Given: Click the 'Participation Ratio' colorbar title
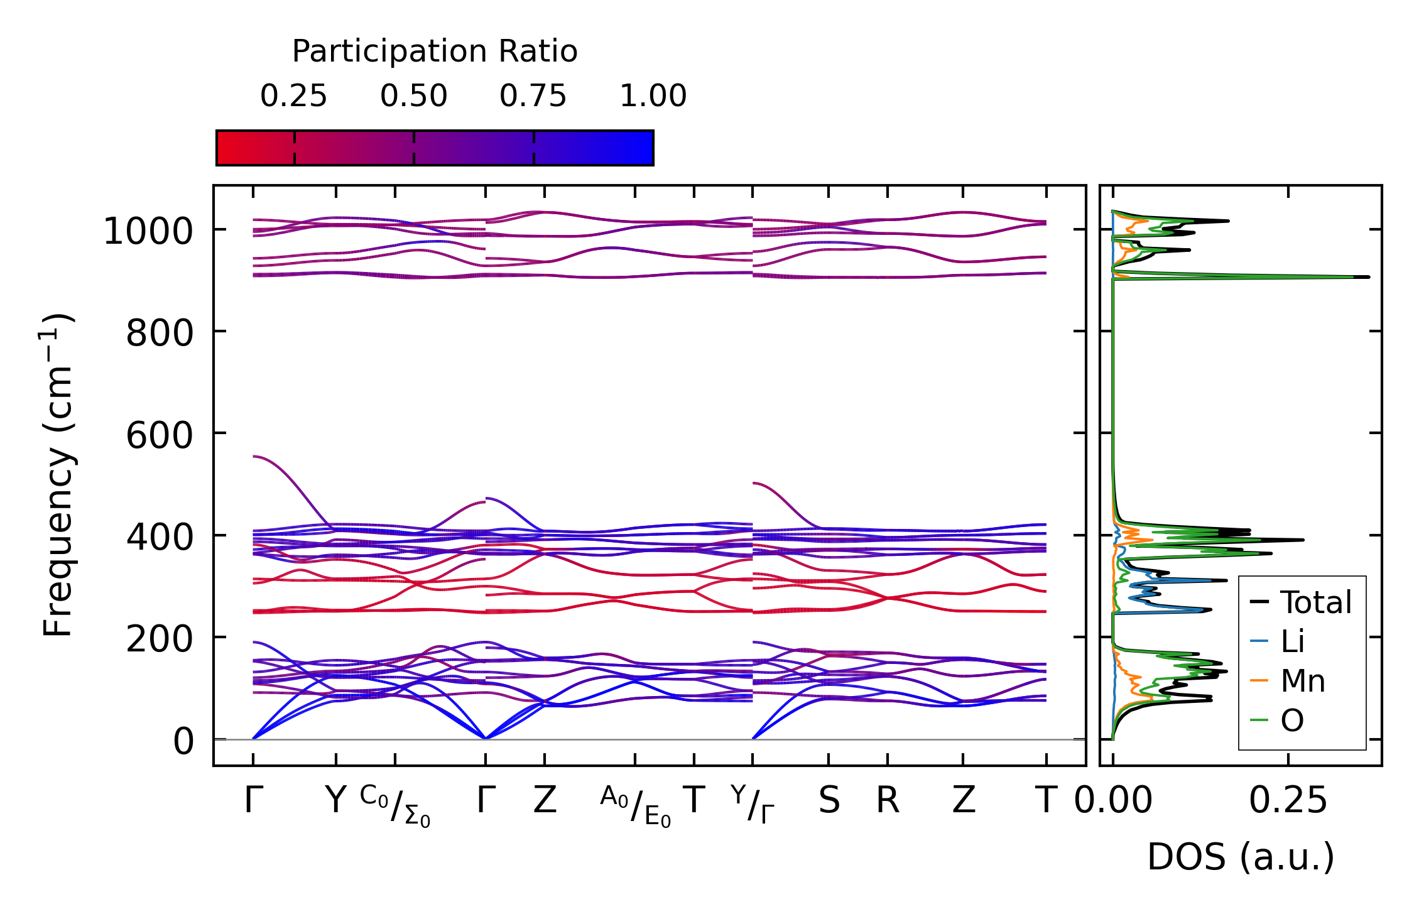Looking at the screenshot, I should pos(435,52).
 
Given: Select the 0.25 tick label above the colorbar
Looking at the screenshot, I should pos(293,96).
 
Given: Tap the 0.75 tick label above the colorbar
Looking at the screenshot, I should pos(533,96).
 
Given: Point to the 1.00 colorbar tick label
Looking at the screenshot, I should pos(653,96).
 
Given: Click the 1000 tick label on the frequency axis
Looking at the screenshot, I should pos(148,231).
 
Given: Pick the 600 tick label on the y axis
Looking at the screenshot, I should pos(160,435).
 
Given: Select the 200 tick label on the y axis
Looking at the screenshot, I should pos(160,639).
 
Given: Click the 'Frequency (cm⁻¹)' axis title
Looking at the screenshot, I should pos(58,475).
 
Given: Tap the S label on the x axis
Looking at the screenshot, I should pos(829,801).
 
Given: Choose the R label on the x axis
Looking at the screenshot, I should pos(887,801).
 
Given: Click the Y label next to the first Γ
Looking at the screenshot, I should pos(336,801).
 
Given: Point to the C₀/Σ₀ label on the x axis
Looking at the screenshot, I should pos(395,806).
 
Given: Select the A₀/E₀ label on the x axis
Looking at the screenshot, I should pos(635,806).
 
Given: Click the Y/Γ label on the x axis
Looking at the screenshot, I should pos(753,805).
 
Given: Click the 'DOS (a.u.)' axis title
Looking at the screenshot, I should pos(1241,857).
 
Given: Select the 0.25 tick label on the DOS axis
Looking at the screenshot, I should pos(1288,801).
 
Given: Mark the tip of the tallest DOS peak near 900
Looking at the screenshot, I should pos(1369,277).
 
